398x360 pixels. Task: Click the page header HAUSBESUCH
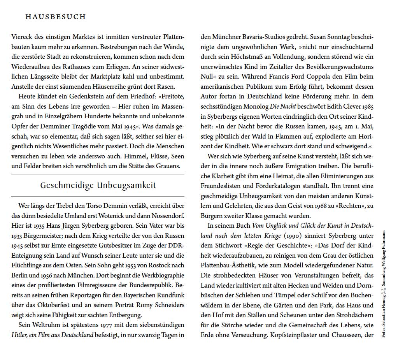click(x=55, y=17)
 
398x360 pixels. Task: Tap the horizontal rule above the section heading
click(x=98, y=174)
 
